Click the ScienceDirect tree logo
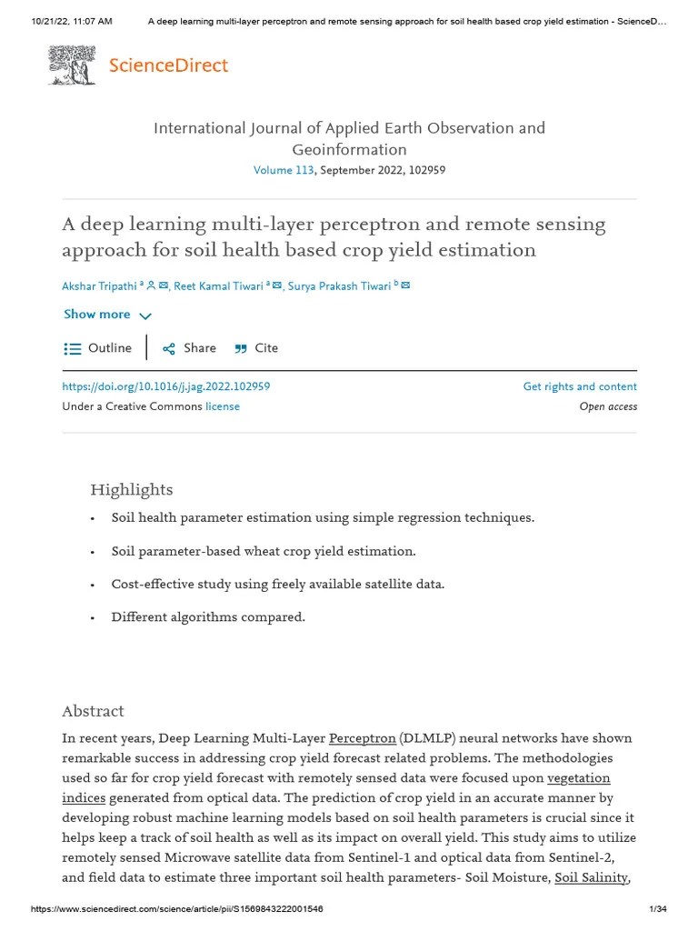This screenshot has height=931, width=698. (71, 65)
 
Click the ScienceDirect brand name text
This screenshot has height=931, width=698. (168, 65)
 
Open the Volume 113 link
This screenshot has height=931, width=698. (283, 170)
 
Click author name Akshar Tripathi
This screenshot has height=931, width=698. (99, 285)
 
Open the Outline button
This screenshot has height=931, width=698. (98, 348)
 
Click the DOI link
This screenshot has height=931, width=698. (165, 386)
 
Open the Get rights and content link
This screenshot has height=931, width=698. (580, 386)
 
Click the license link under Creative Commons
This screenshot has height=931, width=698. (223, 406)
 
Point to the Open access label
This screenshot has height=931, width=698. (608, 406)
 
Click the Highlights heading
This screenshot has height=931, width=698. (131, 490)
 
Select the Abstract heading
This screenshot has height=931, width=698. (93, 711)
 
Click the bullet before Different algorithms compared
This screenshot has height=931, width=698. (93, 617)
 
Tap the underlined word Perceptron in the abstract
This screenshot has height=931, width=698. (362, 738)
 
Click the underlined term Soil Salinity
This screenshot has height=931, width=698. (591, 877)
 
